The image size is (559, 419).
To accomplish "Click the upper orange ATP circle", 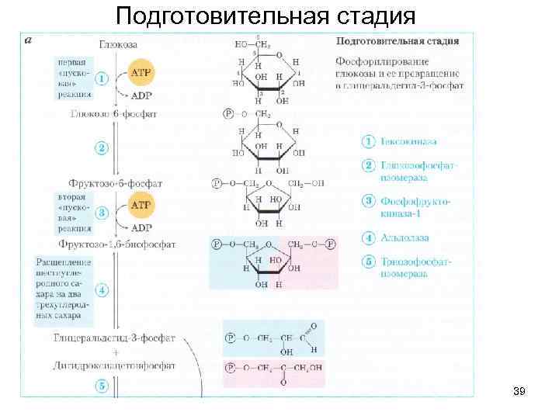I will (x=142, y=71).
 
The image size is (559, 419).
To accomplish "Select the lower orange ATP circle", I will (x=142, y=206).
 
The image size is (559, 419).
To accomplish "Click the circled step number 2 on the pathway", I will (x=101, y=147).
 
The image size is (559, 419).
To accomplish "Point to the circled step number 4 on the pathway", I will (x=101, y=291).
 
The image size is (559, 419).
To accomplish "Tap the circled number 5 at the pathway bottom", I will (x=101, y=385).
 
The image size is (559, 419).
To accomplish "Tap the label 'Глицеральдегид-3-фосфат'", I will (x=115, y=339).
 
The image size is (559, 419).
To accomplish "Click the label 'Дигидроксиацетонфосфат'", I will (x=115, y=362).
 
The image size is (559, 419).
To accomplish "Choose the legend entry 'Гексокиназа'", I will (x=408, y=142).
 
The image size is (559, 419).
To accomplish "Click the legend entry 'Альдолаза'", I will (x=404, y=237).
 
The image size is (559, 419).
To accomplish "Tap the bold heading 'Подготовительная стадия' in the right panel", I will (x=397, y=40).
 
